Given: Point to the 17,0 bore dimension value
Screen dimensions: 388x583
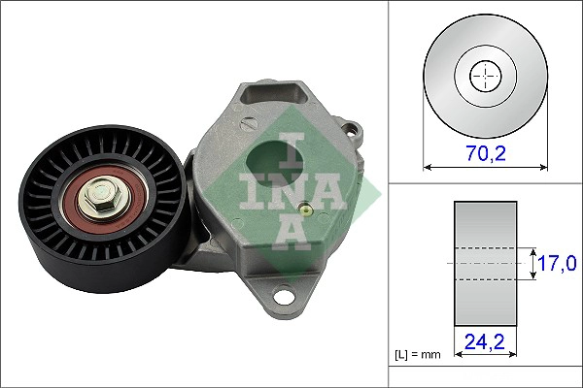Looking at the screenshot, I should click(x=560, y=262).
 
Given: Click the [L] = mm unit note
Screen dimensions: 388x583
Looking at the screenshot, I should click(x=417, y=355).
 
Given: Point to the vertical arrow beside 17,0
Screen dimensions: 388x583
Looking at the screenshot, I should click(x=533, y=262).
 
